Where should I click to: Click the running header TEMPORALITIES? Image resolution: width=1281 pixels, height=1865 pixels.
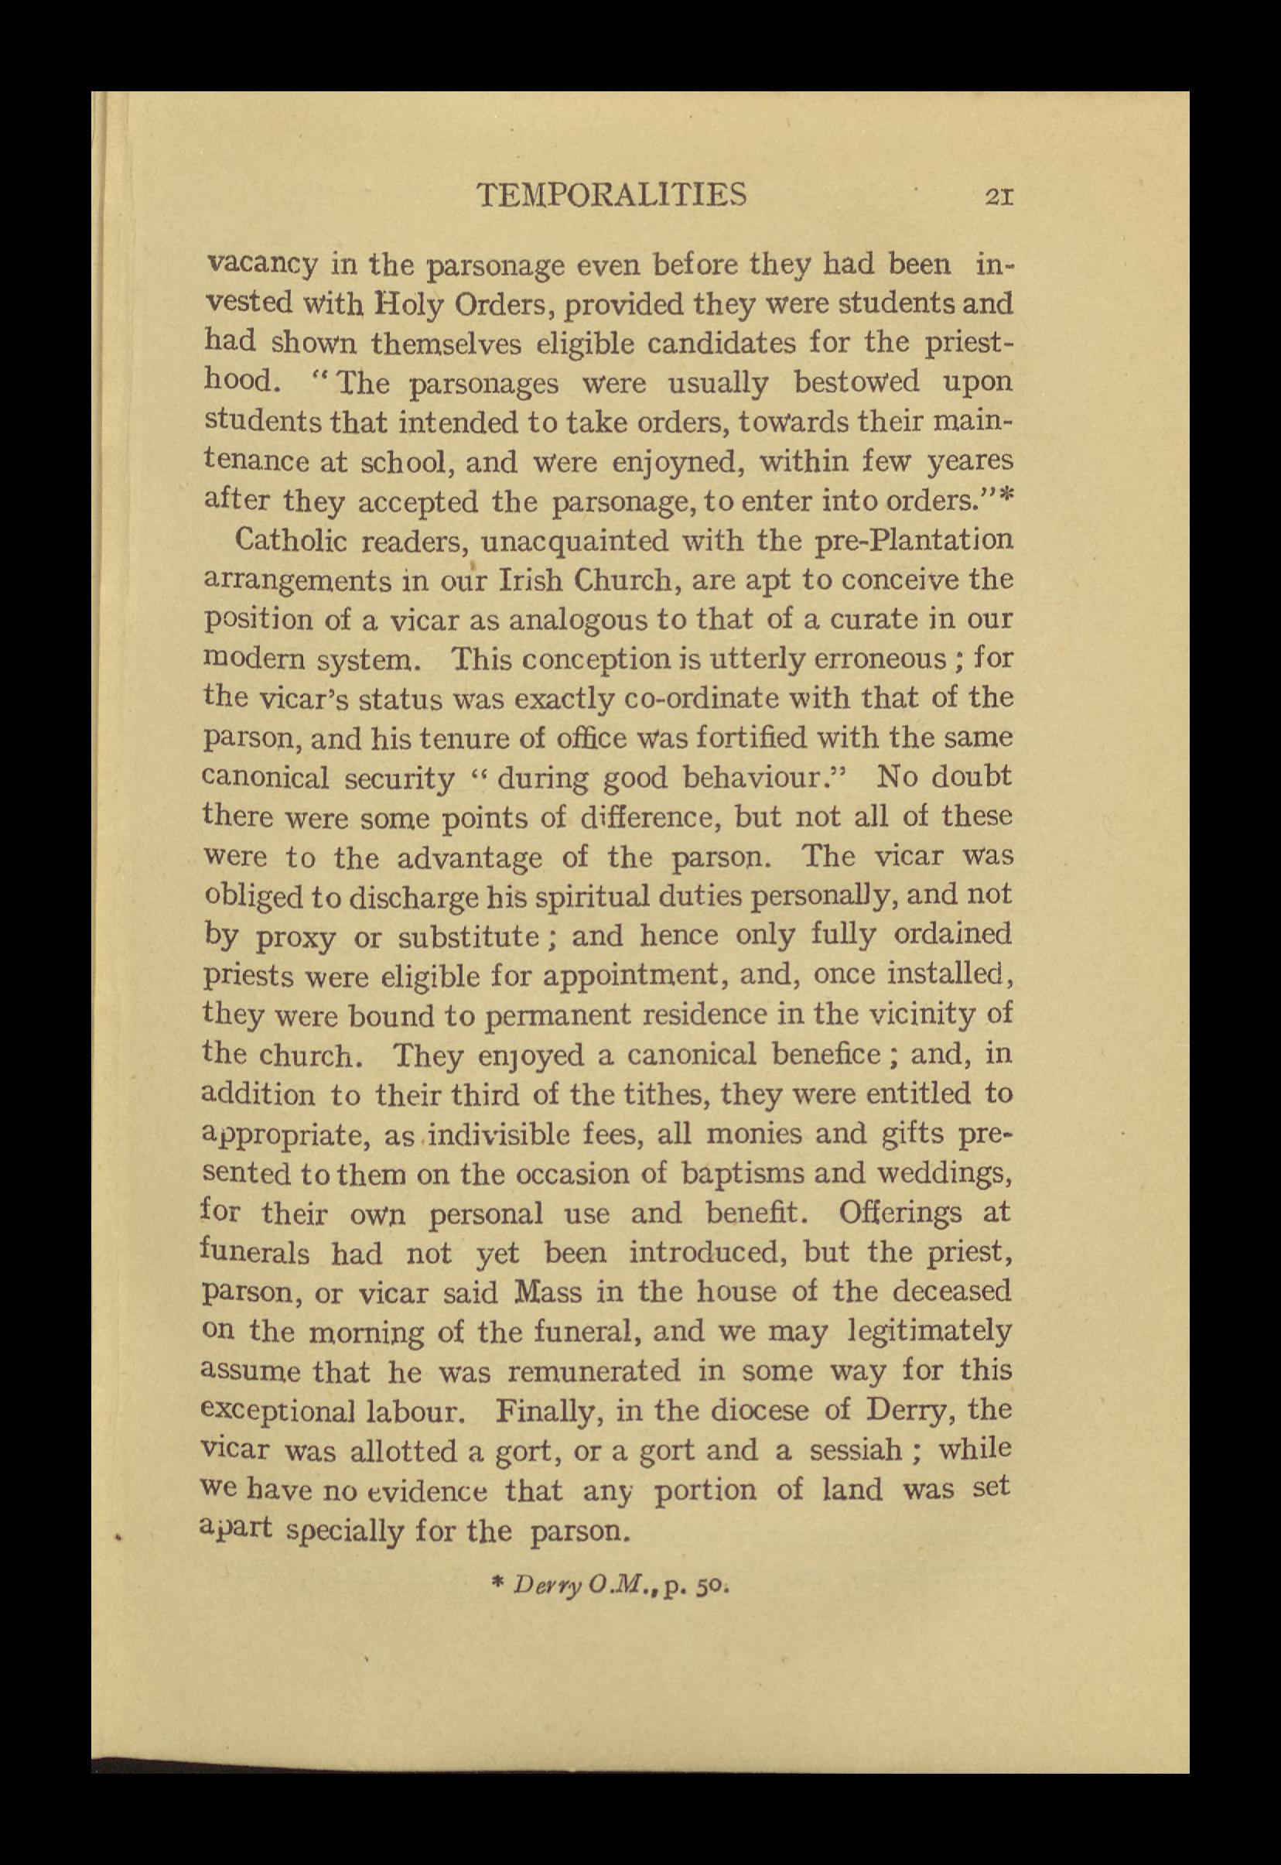pos(611,195)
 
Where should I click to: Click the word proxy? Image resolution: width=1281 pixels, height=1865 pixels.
pos(295,937)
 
